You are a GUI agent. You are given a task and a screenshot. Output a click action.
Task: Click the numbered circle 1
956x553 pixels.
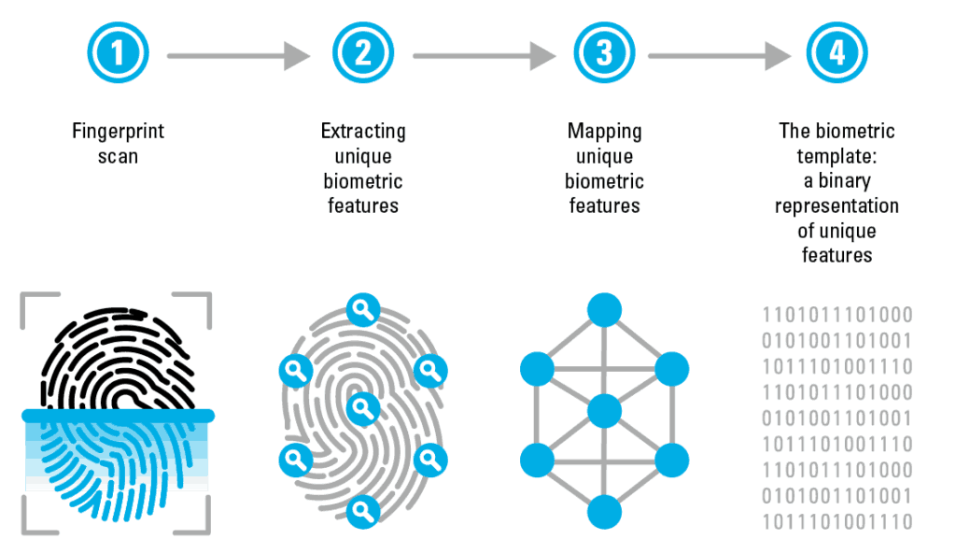tap(118, 52)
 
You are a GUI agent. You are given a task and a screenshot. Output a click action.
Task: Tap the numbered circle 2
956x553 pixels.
tap(363, 52)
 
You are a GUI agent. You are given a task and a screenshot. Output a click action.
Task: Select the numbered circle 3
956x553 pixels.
tap(604, 52)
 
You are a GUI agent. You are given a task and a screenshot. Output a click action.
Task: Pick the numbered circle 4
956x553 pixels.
tap(836, 52)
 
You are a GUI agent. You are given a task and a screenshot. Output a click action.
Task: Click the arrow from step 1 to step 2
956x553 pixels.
tap(238, 55)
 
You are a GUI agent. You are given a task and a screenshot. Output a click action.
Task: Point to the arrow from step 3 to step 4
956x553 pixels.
tap(720, 55)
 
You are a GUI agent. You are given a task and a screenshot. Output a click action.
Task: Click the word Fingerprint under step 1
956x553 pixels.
tap(119, 131)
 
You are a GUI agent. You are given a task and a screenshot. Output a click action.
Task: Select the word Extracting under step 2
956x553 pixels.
tap(363, 131)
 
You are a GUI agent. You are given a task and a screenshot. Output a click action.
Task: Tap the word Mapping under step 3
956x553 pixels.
tap(605, 131)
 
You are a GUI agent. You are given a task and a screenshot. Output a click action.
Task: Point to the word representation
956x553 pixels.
tap(836, 206)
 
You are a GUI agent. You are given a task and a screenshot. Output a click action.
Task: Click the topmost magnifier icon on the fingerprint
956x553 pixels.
tap(363, 309)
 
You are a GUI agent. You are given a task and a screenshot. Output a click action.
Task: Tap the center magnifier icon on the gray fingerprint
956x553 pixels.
tap(363, 408)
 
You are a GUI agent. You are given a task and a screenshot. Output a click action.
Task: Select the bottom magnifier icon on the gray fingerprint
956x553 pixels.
tap(363, 512)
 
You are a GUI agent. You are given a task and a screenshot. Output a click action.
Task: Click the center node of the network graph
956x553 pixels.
tap(604, 411)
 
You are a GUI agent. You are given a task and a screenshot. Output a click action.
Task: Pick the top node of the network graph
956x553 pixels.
tap(604, 310)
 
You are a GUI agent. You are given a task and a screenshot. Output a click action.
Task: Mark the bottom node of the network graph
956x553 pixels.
tap(604, 512)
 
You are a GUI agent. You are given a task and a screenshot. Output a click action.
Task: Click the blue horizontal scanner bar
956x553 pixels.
tap(118, 417)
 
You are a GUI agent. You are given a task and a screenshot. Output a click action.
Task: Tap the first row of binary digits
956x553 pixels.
tap(837, 315)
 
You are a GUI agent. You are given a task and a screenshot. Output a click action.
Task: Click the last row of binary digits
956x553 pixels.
tap(837, 522)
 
